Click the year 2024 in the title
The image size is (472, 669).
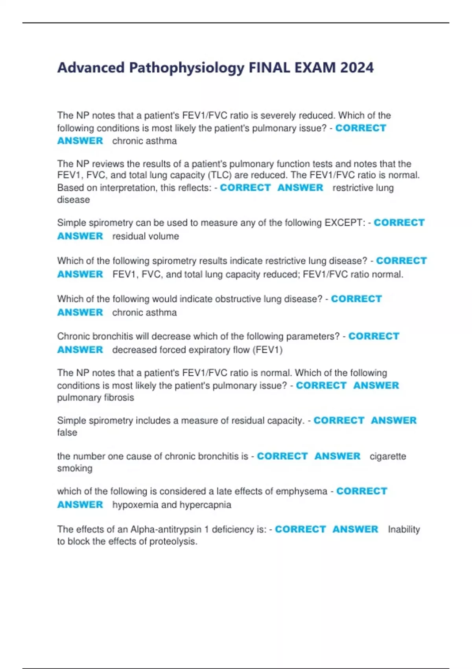(357, 68)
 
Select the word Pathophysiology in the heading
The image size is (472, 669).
(187, 68)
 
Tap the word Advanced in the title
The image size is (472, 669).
(91, 68)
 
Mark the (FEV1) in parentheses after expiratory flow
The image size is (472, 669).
(269, 350)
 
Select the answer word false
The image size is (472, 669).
(67, 432)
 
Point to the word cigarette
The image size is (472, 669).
(387, 456)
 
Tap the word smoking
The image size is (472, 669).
(75, 468)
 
